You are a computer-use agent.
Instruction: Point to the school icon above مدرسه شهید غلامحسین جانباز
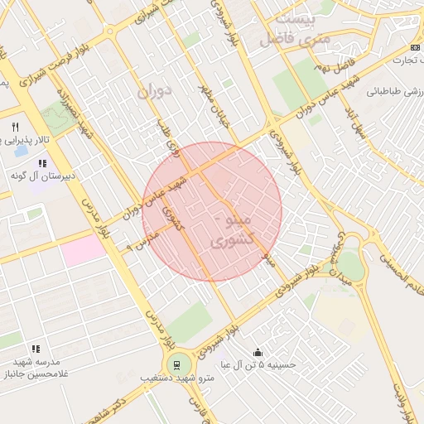tap(35, 351)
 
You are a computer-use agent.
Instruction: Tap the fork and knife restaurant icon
tap(15, 127)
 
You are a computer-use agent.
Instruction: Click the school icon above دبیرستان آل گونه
tap(42, 164)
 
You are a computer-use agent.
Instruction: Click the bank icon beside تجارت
tap(415, 49)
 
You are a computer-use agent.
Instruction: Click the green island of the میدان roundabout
tap(349, 267)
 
